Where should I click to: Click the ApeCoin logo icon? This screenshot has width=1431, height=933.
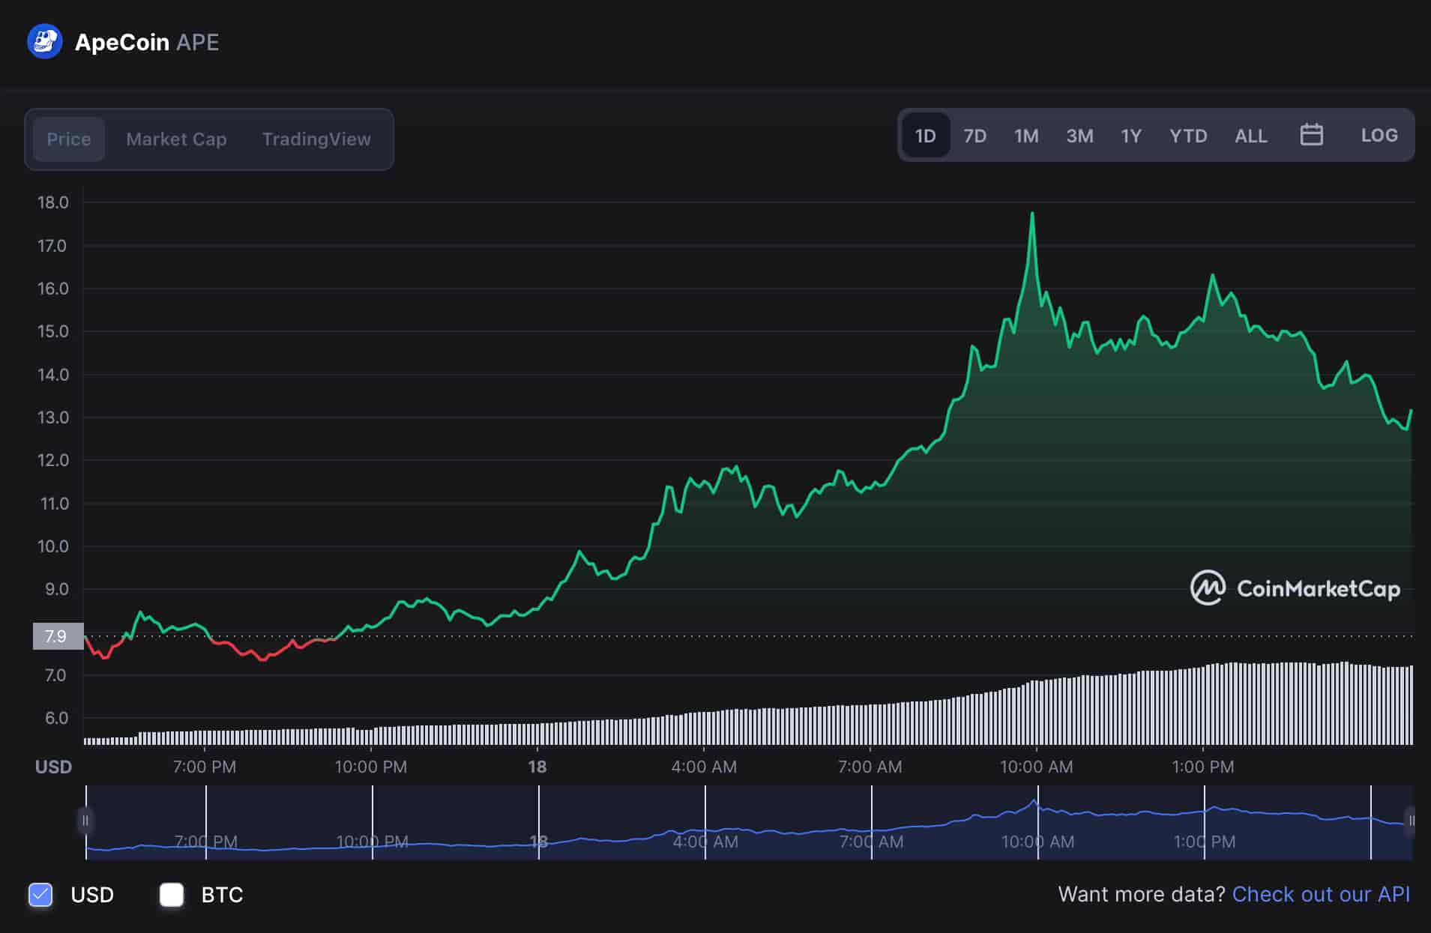pyautogui.click(x=44, y=42)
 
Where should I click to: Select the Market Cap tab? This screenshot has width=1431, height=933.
pyautogui.click(x=176, y=139)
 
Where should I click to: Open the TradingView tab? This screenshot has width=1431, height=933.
pyautogui.click(x=316, y=139)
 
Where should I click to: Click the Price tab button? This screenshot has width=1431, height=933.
pyautogui.click(x=68, y=139)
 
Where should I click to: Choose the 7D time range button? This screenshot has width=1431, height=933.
pyautogui.click(x=974, y=136)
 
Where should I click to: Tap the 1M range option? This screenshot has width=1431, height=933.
pyautogui.click(x=1025, y=136)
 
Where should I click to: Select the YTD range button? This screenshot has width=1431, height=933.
pyautogui.click(x=1187, y=136)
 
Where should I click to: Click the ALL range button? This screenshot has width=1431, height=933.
pyautogui.click(x=1250, y=136)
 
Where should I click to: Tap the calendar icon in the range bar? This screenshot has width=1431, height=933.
pyautogui.click(x=1311, y=135)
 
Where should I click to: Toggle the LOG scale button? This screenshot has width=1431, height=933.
pyautogui.click(x=1379, y=136)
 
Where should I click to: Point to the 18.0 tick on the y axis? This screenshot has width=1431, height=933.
pyautogui.click(x=52, y=202)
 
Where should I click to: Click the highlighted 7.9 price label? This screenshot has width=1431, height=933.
pyautogui.click(x=57, y=636)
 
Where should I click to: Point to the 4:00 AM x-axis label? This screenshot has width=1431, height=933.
pyautogui.click(x=703, y=767)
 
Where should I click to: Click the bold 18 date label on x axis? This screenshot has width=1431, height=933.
pyautogui.click(x=537, y=767)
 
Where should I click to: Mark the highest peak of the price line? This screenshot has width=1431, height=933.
pyautogui.click(x=1032, y=214)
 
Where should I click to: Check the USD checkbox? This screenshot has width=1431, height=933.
pyautogui.click(x=40, y=894)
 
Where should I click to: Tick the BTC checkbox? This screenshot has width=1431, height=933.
pyautogui.click(x=172, y=894)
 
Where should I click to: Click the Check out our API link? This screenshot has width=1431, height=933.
pyautogui.click(x=1320, y=894)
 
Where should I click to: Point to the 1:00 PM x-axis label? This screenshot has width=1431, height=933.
pyautogui.click(x=1202, y=767)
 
